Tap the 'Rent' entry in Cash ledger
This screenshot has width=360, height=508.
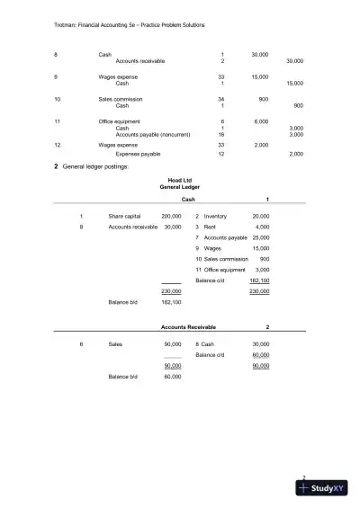click(211, 227)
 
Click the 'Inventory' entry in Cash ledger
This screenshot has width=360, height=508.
click(215, 217)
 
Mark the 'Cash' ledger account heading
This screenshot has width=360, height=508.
click(188, 200)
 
